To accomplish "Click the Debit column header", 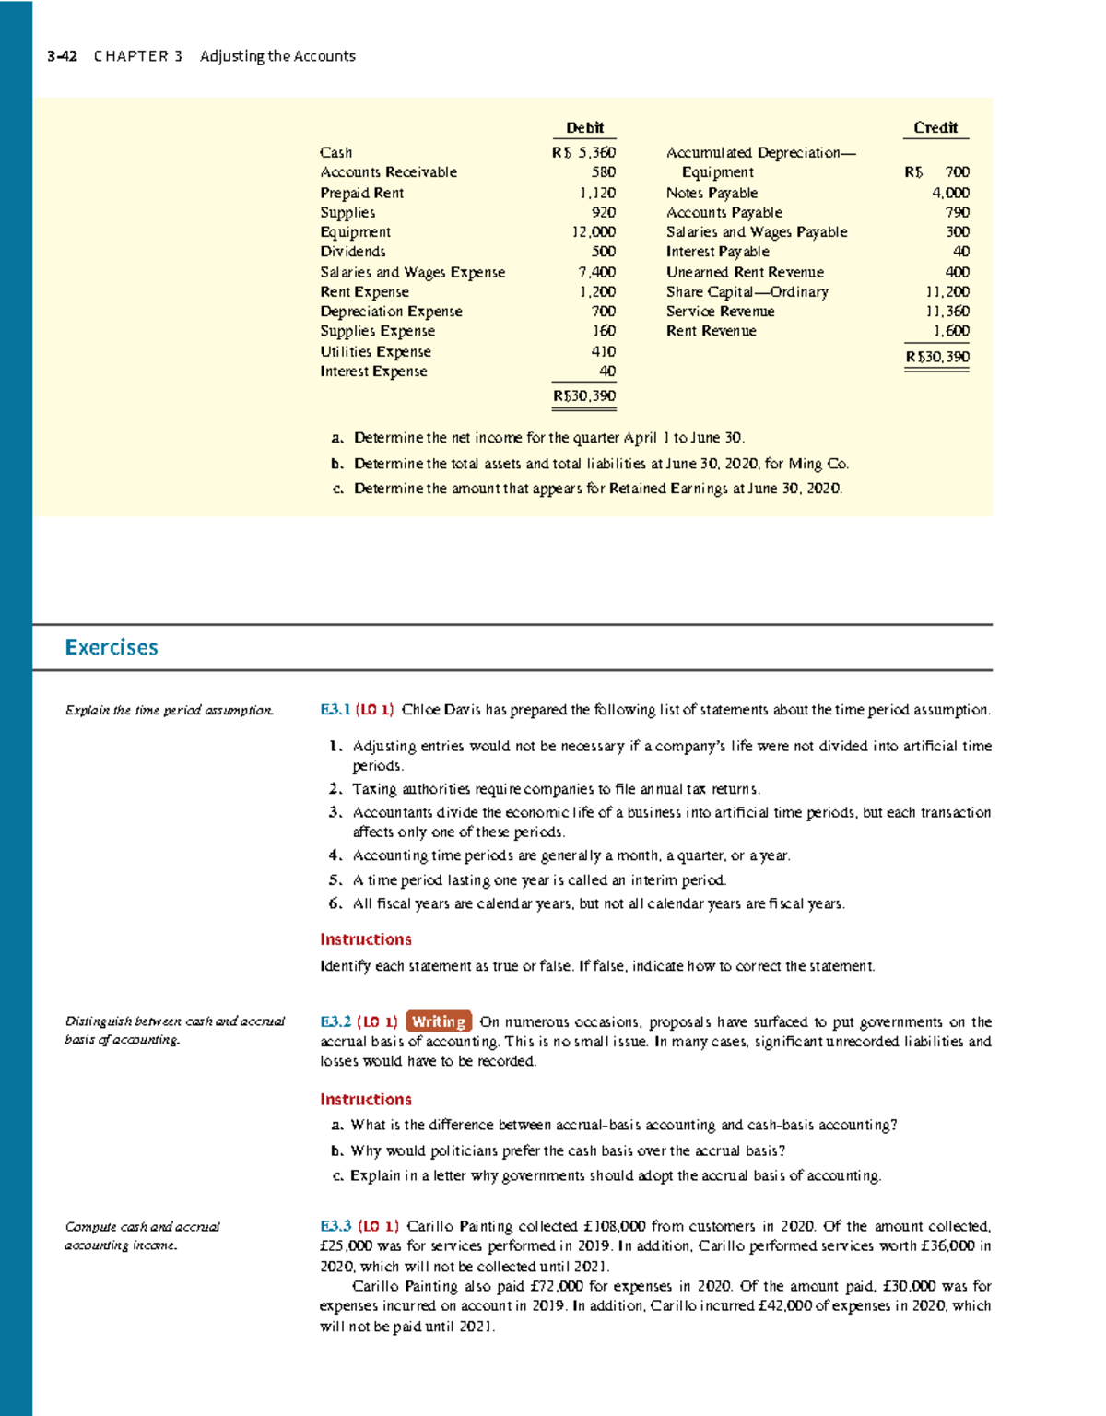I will click(584, 128).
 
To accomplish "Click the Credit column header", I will click(935, 128).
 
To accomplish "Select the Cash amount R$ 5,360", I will click(583, 153).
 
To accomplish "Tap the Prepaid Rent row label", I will click(361, 193).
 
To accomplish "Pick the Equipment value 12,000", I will click(594, 232).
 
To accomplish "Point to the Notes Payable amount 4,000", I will click(950, 193).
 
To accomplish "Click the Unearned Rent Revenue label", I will click(745, 272).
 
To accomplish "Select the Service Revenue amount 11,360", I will click(947, 312).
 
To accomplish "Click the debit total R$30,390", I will click(584, 396).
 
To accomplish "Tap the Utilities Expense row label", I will click(375, 351).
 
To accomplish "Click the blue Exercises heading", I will click(112, 647).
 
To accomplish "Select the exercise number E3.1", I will click(335, 710).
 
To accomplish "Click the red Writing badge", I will click(439, 1021).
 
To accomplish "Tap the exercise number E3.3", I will click(335, 1226).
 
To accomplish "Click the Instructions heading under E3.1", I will click(366, 939).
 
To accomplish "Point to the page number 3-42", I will click(62, 56).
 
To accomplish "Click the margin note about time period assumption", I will click(169, 710).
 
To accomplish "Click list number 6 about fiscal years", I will click(335, 903).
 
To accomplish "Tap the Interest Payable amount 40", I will click(960, 252).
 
